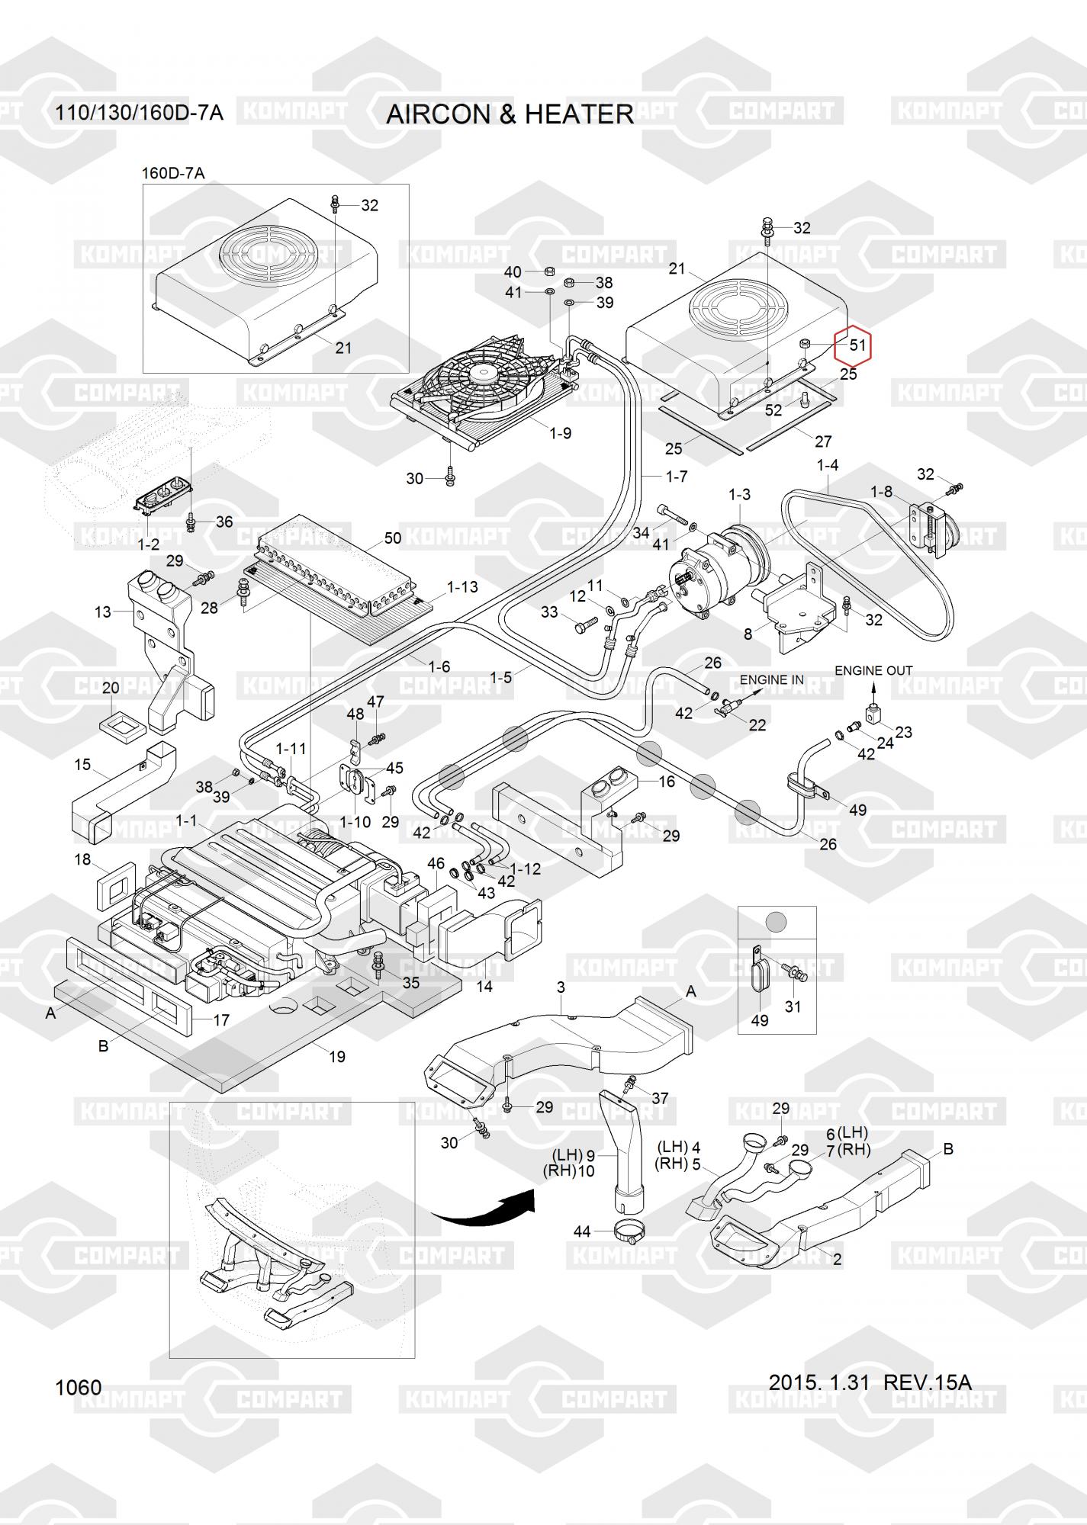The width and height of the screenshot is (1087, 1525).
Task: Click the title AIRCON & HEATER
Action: coord(510,114)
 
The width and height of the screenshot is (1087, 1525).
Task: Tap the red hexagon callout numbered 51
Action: coord(852,345)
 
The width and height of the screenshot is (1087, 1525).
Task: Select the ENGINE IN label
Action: coord(771,679)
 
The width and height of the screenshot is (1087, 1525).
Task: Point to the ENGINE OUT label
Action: coord(873,671)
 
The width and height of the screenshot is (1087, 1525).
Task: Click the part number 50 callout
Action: coord(392,538)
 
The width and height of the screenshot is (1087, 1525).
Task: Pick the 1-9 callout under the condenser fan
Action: coord(560,433)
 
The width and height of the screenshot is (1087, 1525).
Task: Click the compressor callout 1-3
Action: coord(739,494)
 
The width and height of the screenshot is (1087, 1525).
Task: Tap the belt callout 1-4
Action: coord(827,464)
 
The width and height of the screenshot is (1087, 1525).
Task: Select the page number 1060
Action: coord(78,1387)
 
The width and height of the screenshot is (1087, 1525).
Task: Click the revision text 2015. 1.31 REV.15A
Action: coord(870,1382)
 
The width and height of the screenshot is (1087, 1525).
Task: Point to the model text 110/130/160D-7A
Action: coord(139,114)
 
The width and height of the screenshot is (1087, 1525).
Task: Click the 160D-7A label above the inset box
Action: coord(173,173)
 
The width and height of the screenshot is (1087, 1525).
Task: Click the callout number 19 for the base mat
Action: coord(336,1057)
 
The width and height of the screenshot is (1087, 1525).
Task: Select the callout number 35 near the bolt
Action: coord(410,983)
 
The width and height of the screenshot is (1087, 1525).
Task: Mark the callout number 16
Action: coord(666,782)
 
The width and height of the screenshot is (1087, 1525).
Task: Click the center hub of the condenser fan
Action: coord(482,373)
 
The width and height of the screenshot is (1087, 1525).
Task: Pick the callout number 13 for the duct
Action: coord(103,612)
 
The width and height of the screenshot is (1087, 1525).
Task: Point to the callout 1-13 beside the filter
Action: coord(462,587)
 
